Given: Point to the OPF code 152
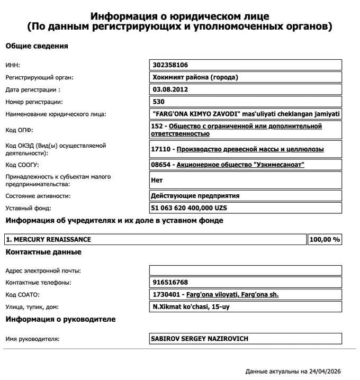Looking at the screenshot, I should point(157,126).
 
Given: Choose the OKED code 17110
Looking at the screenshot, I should point(161,149).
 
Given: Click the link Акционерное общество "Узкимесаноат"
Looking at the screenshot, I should point(240,165).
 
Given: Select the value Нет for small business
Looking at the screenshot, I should point(157,180).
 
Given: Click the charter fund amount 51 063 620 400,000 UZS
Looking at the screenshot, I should point(188,208).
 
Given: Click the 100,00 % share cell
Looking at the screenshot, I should point(325,240).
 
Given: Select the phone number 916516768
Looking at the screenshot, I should point(169,283).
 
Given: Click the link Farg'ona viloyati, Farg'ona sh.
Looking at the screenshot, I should point(232,295).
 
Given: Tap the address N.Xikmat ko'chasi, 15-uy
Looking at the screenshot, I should point(191,307).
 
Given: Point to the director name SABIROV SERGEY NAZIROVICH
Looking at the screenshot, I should point(200,339).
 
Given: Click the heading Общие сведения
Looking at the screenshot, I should point(37,46).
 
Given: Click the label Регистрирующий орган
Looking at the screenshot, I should point(39,77).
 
